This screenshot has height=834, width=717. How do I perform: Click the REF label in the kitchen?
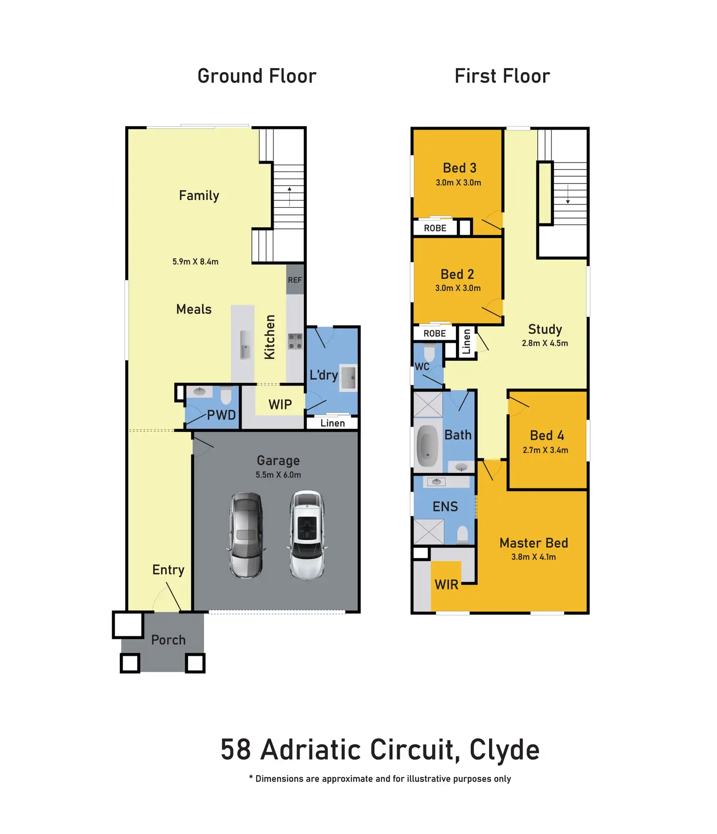(295, 280)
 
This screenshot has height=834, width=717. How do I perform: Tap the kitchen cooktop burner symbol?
(295, 341)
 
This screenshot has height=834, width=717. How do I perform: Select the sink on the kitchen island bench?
(245, 345)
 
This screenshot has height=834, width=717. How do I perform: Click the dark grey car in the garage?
(246, 535)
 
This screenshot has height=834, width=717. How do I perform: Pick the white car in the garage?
(307, 535)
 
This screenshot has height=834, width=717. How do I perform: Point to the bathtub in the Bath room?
(428, 446)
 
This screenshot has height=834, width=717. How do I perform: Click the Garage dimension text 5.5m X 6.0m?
(278, 475)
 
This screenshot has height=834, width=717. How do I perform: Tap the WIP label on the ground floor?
(280, 404)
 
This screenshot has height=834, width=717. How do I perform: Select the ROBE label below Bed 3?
(435, 228)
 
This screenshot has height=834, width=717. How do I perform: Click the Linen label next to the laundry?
(333, 423)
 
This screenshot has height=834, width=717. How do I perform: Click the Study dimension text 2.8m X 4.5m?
(545, 343)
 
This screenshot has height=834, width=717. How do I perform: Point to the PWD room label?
(221, 415)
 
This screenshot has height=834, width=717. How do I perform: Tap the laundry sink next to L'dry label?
(349, 377)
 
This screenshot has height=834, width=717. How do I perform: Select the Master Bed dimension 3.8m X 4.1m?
(533, 557)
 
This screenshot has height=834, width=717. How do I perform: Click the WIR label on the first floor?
(446, 584)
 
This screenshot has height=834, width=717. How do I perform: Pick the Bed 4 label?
(547, 435)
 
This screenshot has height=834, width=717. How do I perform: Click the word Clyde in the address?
(504, 750)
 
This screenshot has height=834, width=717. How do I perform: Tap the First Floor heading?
(502, 76)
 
